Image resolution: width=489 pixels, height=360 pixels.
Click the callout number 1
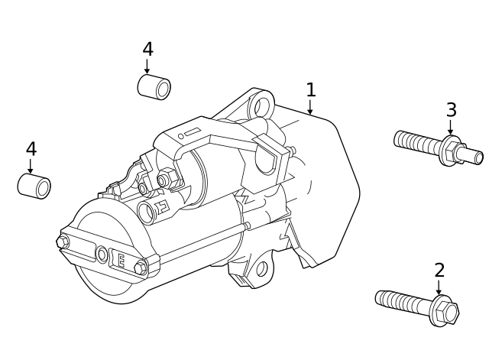(310, 89)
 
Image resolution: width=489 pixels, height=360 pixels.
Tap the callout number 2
(439, 270)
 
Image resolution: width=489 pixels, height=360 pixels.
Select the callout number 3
(451, 110)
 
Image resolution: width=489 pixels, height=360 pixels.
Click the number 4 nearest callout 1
(147, 50)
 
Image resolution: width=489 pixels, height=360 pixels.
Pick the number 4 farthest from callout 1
(31, 149)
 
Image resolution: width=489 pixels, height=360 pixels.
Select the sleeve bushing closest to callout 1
(154, 87)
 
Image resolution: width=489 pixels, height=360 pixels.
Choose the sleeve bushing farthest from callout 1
(34, 186)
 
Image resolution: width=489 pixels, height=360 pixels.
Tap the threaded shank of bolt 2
(402, 301)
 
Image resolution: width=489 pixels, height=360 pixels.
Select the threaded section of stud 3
(417, 142)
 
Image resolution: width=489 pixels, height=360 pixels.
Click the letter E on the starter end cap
(120, 259)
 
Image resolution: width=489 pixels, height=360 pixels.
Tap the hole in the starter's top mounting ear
(263, 104)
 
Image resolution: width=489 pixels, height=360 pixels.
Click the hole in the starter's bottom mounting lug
(261, 268)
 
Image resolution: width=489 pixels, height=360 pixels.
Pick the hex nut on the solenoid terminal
(163, 180)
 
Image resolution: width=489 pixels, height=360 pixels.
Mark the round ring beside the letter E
(102, 254)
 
